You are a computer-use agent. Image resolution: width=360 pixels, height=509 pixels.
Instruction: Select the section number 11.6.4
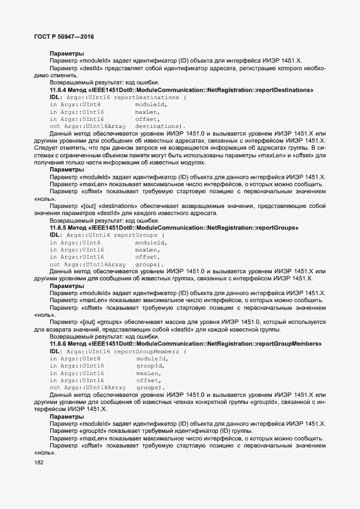pyautogui.click(x=58, y=89)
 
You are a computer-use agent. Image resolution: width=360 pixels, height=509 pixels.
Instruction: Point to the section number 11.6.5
pyautogui.click(x=58, y=227)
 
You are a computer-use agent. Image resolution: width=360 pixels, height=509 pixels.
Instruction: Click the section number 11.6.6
pyautogui.click(x=58, y=344)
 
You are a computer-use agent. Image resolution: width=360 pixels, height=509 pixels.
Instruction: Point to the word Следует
pyautogui.click(x=45, y=148)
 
